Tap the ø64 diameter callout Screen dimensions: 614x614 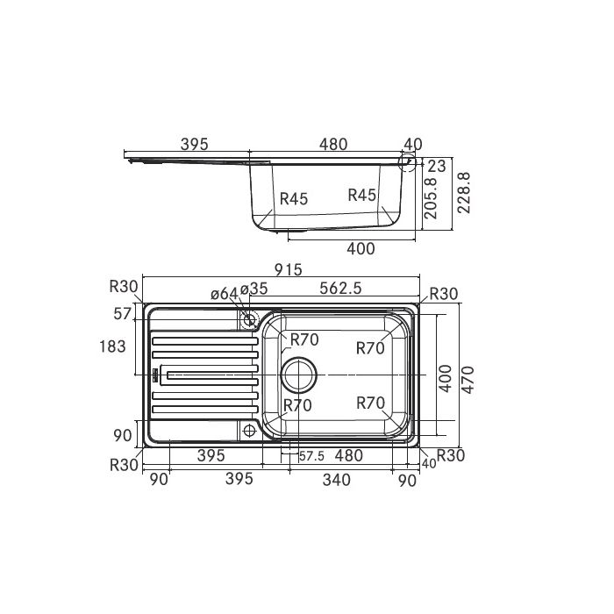click(x=224, y=293)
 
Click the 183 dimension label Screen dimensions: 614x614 click(x=114, y=347)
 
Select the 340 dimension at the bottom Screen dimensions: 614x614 click(x=336, y=479)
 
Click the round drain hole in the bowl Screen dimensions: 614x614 click(x=297, y=375)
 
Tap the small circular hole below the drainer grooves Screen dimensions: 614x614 click(x=249, y=431)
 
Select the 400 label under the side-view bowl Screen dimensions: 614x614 click(x=361, y=248)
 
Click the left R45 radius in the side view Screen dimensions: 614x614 click(x=294, y=199)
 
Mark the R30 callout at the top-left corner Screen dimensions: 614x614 click(x=125, y=285)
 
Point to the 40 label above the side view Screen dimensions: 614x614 click(x=412, y=145)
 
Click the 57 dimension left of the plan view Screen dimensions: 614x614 click(x=121, y=313)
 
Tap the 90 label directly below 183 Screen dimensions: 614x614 click(x=122, y=435)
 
